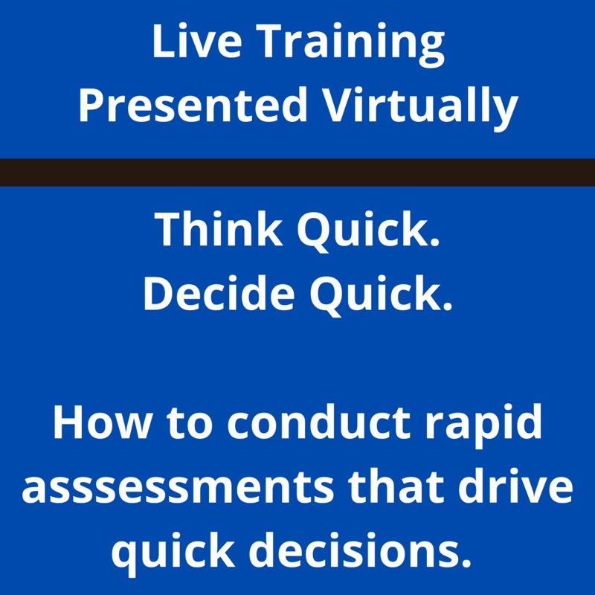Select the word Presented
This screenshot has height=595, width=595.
click(x=193, y=106)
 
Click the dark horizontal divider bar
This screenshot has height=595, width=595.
click(x=297, y=173)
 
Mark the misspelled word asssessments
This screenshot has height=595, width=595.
click(x=186, y=489)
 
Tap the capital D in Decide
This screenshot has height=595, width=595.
click(x=160, y=294)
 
